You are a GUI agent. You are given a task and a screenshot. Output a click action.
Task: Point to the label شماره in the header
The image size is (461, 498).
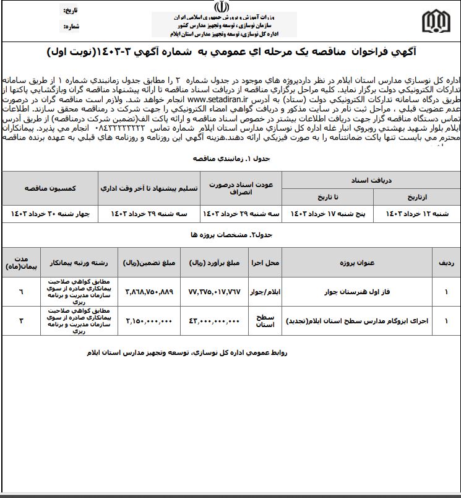point(72,27)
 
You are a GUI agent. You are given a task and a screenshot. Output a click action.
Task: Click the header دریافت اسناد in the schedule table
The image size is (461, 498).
point(370,180)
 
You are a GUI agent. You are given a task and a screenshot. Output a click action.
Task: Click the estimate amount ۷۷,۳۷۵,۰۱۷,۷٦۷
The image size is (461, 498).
point(213,291)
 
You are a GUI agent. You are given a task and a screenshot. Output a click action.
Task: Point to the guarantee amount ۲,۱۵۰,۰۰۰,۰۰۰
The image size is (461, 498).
point(149,321)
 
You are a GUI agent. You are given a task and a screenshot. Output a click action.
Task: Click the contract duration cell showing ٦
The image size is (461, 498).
point(22,291)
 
